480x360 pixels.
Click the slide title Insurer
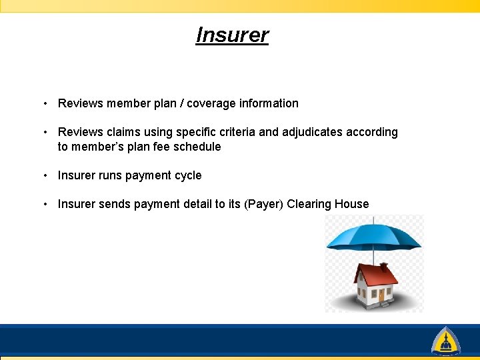click(x=232, y=35)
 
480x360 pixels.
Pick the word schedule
click(x=197, y=147)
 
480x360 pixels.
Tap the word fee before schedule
click(x=160, y=147)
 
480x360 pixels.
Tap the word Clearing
click(x=311, y=204)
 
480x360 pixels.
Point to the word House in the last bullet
click(x=353, y=204)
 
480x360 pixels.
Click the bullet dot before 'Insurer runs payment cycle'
click(x=44, y=175)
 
